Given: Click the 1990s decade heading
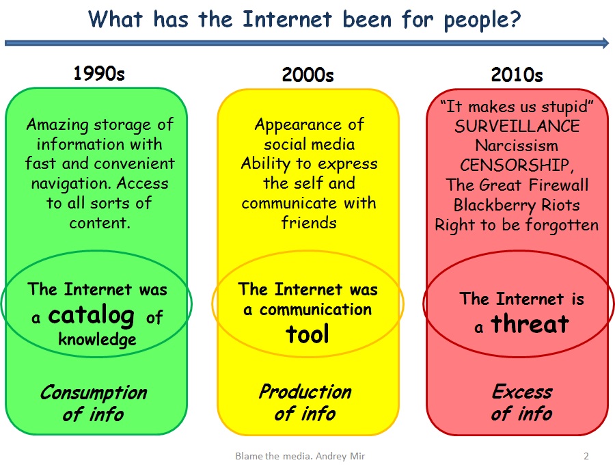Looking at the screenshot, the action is coord(99,73).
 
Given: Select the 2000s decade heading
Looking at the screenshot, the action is coord(308,75).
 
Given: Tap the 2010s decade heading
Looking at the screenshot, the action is coord(517,75).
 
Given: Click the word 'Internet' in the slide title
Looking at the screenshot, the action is coord(287,19).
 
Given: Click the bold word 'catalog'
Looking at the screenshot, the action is coord(92,315).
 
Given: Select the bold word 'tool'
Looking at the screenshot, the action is coord(307,334).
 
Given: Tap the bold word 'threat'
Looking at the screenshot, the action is coord(530,324).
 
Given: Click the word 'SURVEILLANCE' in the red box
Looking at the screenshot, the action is coord(517,126).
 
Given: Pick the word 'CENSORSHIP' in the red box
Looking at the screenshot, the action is coord(515,165).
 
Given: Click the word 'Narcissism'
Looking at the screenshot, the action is coord(517,146).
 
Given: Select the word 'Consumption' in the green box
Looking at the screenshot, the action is coord(94,393).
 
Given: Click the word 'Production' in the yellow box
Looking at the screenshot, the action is coord(305,392).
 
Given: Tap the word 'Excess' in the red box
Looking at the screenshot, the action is coord(522,392).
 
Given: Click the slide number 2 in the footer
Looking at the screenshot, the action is coord(586,456).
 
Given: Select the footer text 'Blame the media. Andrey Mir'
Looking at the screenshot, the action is coord(300,456).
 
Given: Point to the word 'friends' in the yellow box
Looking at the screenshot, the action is coord(309,223).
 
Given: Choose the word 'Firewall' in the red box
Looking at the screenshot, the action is coord(558,185).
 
